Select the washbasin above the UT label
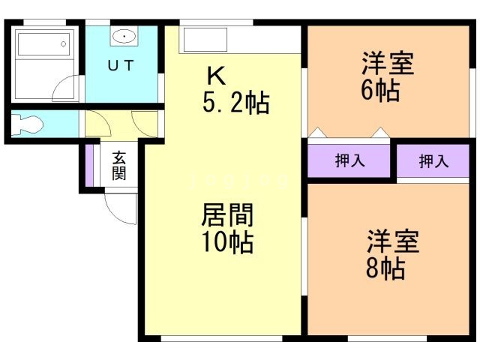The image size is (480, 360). coord(123,36)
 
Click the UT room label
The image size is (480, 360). coord(120,66)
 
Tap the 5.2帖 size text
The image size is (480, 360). coord(235,103)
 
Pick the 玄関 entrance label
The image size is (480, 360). coord(119,166)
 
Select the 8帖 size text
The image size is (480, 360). coord(385,267)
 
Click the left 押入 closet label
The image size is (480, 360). coord(349,161)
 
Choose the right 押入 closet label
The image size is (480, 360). coord(433,161)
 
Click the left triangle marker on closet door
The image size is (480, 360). coord(317,133)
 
